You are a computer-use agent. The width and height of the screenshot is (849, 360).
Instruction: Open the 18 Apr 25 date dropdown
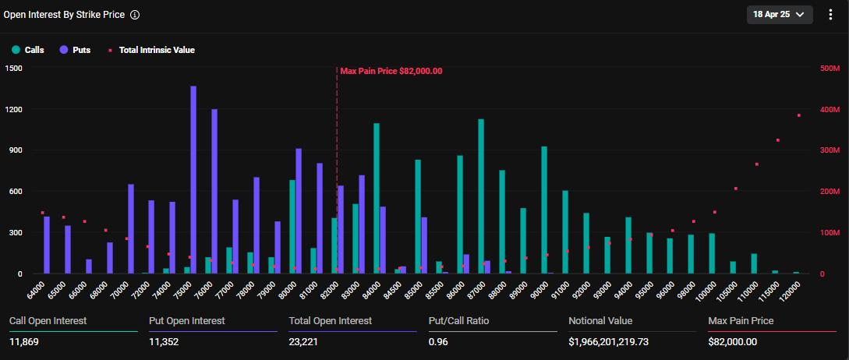(779, 14)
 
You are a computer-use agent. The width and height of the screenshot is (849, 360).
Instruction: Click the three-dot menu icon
(830, 14)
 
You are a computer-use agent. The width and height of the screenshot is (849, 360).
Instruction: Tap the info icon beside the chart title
(135, 15)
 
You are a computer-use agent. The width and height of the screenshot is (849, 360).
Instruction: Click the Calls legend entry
(28, 50)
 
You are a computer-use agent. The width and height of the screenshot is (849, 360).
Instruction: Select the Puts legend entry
(75, 50)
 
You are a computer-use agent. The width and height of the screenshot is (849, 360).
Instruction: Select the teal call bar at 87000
(481, 196)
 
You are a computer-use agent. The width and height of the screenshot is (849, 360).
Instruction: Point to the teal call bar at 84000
(377, 199)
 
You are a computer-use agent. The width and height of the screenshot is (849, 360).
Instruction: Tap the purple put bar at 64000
(47, 245)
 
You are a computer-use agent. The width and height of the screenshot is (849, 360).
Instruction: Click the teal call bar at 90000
(544, 210)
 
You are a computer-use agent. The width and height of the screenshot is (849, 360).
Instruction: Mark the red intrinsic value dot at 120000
(799, 115)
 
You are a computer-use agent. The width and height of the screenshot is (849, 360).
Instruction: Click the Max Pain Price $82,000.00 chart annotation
(391, 71)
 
